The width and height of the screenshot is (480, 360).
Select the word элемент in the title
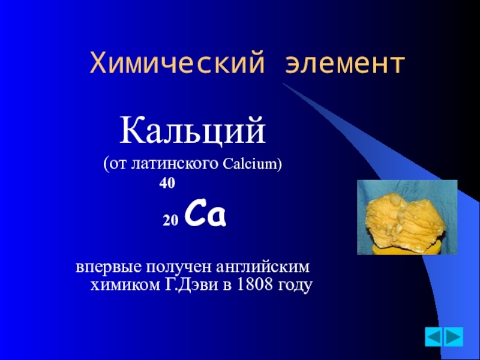click(346, 62)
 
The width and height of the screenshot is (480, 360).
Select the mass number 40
click(167, 184)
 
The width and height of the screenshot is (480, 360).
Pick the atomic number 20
click(171, 221)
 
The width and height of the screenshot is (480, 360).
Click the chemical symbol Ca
click(205, 216)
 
